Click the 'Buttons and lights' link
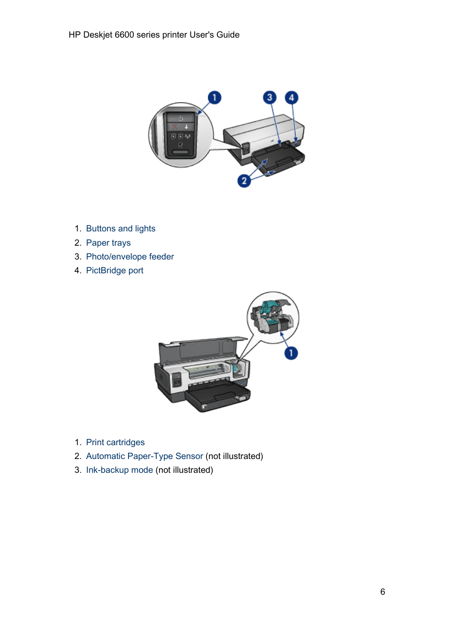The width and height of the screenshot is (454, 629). [120, 229]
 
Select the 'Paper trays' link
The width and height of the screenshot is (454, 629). [108, 243]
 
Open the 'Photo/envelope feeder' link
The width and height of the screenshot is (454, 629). [129, 257]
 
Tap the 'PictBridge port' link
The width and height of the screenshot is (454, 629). [114, 270]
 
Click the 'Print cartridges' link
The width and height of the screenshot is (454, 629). [115, 442]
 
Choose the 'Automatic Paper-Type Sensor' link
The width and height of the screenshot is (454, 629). [144, 456]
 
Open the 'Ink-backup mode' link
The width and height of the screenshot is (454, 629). [119, 470]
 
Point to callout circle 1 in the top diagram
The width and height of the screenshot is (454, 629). [214, 98]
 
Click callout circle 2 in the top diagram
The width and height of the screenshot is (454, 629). [244, 180]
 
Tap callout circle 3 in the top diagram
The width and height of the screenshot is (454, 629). [270, 98]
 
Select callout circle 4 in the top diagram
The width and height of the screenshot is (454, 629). [292, 98]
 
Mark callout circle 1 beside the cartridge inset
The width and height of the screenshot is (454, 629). [291, 353]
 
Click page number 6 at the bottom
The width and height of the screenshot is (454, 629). [383, 592]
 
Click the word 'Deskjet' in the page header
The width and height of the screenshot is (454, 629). [98, 35]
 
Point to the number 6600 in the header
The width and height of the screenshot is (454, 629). [124, 35]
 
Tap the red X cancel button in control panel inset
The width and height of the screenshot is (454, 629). [175, 127]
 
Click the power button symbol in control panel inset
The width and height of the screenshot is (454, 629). [180, 118]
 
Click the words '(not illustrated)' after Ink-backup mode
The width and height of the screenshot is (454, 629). [184, 470]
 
